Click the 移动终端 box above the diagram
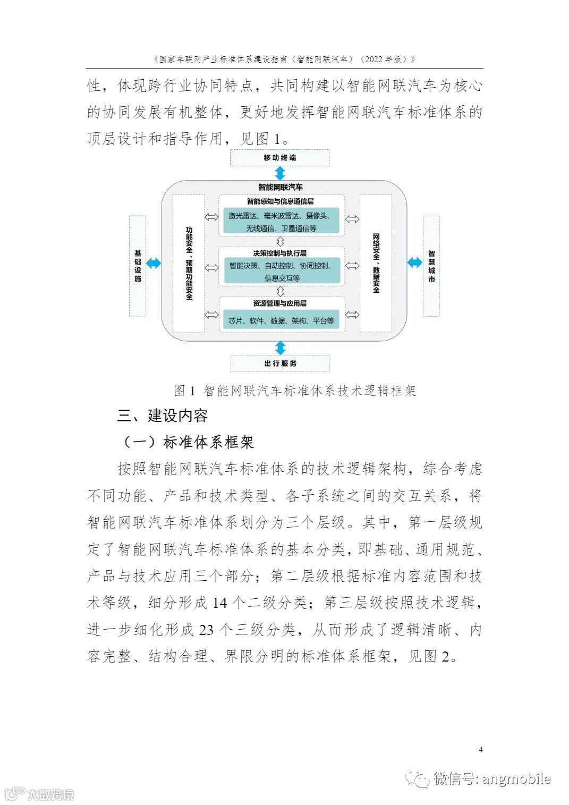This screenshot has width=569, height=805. [279, 158]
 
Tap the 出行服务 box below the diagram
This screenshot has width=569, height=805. [280, 363]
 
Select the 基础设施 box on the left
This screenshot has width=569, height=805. [138, 266]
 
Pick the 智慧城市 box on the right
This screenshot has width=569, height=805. [431, 266]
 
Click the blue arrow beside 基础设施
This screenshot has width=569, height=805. [153, 262]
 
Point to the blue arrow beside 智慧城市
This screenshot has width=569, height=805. [414, 262]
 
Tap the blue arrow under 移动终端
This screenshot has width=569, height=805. [280, 173]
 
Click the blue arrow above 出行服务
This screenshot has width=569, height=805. [280, 348]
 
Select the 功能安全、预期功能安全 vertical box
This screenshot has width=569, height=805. [189, 263]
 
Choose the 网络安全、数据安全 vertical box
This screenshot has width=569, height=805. [376, 263]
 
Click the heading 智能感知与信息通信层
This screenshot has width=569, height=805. [280, 201]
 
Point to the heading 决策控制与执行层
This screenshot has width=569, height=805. [280, 253]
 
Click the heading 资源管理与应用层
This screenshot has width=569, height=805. [280, 303]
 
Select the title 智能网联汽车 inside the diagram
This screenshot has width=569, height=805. [280, 187]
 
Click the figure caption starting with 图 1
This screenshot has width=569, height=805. [295, 391]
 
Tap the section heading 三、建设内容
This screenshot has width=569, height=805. [163, 416]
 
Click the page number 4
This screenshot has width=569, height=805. [481, 750]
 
